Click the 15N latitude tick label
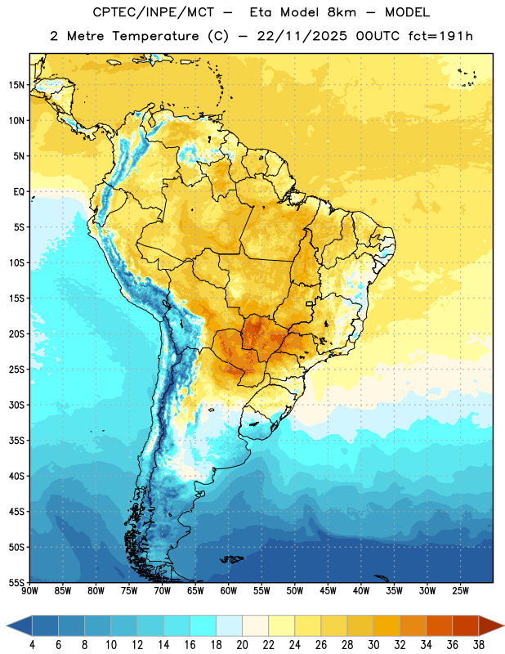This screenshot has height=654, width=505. click(x=16, y=85)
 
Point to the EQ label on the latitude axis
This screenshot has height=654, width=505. click(x=19, y=192)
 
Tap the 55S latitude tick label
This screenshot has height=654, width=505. click(x=16, y=582)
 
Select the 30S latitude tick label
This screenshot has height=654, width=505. click(x=16, y=405)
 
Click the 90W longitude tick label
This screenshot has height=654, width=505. click(x=29, y=591)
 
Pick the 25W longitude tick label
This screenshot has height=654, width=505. click(x=460, y=591)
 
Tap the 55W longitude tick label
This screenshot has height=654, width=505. click(x=261, y=591)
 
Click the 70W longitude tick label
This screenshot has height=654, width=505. click(x=163, y=591)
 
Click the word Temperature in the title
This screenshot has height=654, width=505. click(x=155, y=36)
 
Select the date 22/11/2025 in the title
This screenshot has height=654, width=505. click(x=302, y=36)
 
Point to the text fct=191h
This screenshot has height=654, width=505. click(x=440, y=36)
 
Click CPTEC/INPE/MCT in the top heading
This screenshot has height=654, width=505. click(x=153, y=12)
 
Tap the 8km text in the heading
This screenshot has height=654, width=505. click(x=342, y=12)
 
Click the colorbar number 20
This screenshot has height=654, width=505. click(x=242, y=645)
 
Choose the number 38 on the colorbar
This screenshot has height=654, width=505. click(x=479, y=645)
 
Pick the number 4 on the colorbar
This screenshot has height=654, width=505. click(x=32, y=645)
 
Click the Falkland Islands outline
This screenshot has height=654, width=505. click(x=232, y=559)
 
